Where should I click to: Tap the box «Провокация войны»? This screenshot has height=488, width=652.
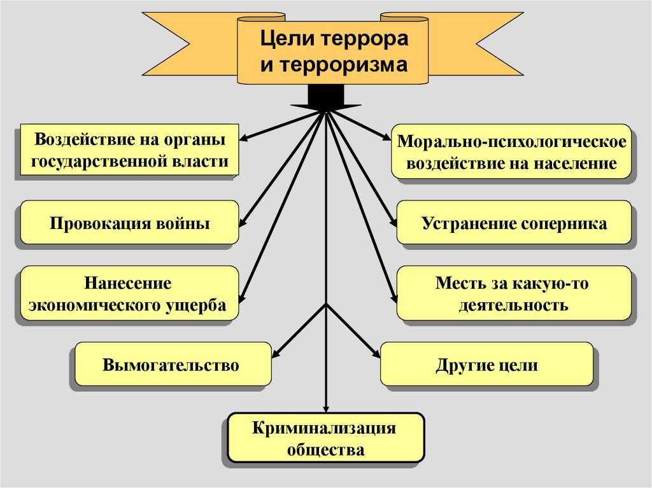[x=130, y=223]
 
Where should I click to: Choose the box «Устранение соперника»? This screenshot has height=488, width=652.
[x=514, y=223]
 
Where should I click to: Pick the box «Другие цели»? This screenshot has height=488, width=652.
[x=487, y=365]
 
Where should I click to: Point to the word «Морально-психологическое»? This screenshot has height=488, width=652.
[x=513, y=141]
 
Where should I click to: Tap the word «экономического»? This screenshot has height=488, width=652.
[x=92, y=305]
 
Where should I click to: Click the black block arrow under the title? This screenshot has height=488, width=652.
[x=325, y=98]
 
